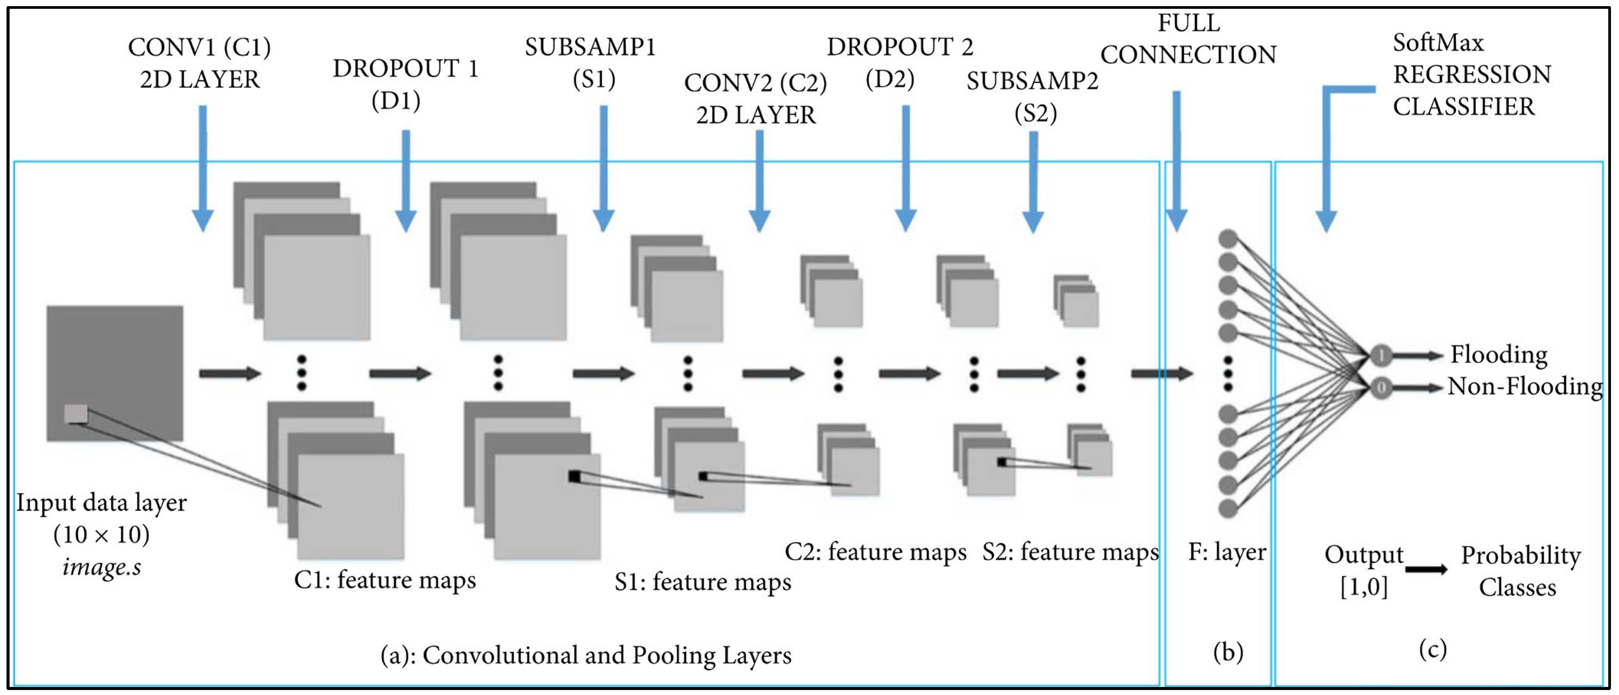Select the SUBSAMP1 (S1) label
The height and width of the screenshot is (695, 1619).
591,63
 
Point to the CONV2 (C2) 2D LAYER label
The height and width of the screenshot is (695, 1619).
756,99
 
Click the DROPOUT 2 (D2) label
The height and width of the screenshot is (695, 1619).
899,63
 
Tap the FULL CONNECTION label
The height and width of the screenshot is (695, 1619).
1188,39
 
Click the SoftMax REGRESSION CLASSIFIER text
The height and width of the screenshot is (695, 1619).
1471,75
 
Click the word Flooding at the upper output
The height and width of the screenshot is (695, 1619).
1498,355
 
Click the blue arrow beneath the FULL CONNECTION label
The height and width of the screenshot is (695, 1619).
1176,164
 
